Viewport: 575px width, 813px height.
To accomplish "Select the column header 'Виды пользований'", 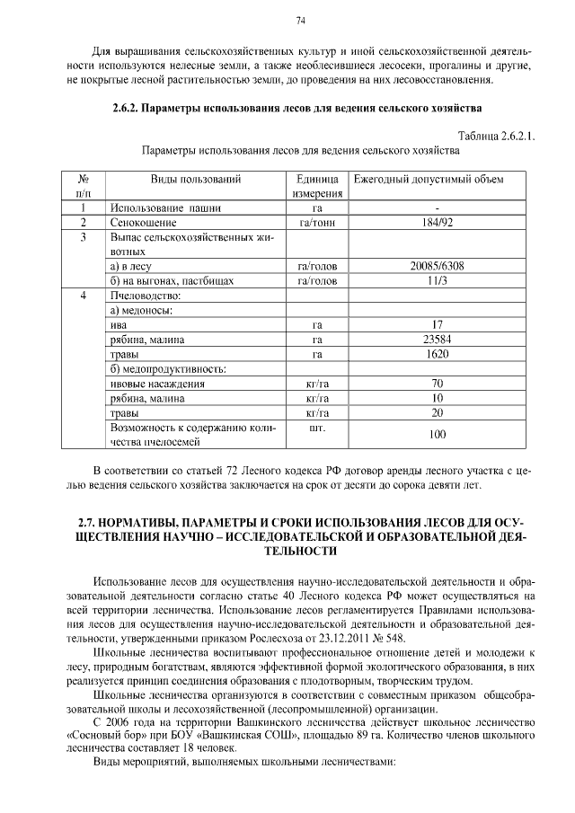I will (195, 179).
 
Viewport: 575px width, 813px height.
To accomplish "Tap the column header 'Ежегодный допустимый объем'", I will (429, 179).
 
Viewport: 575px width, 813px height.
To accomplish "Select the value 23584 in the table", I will (438, 340).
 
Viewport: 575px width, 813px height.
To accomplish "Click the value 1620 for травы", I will (438, 354).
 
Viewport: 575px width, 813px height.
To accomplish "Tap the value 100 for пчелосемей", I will (438, 435).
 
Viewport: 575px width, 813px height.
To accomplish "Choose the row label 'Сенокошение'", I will (143, 222).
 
